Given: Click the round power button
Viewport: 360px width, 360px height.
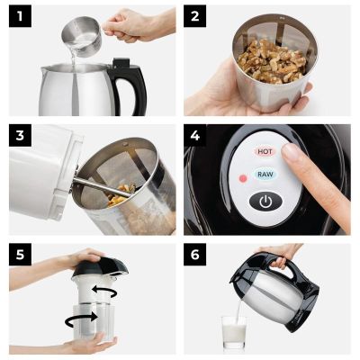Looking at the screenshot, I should (x=265, y=201).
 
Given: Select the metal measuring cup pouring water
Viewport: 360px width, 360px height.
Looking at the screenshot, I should (x=78, y=33).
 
